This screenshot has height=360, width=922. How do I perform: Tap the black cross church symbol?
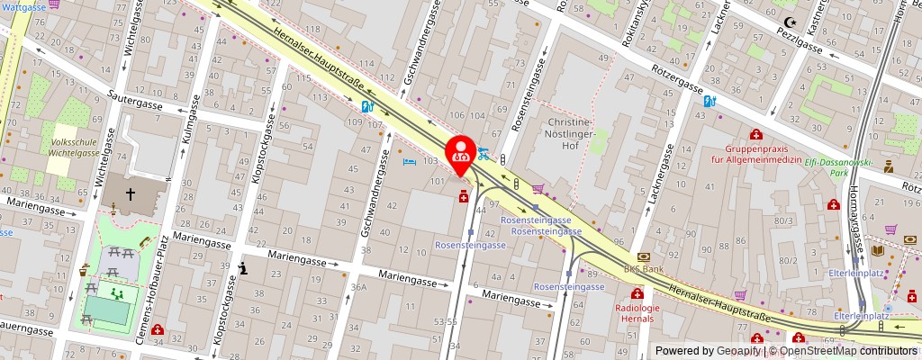[130, 193]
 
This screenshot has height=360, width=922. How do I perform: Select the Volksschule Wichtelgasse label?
[75, 147]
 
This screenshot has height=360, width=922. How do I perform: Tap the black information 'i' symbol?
[243, 268]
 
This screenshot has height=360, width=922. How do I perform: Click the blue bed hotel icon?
[410, 162]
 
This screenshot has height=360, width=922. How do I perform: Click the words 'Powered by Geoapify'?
[708, 351]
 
